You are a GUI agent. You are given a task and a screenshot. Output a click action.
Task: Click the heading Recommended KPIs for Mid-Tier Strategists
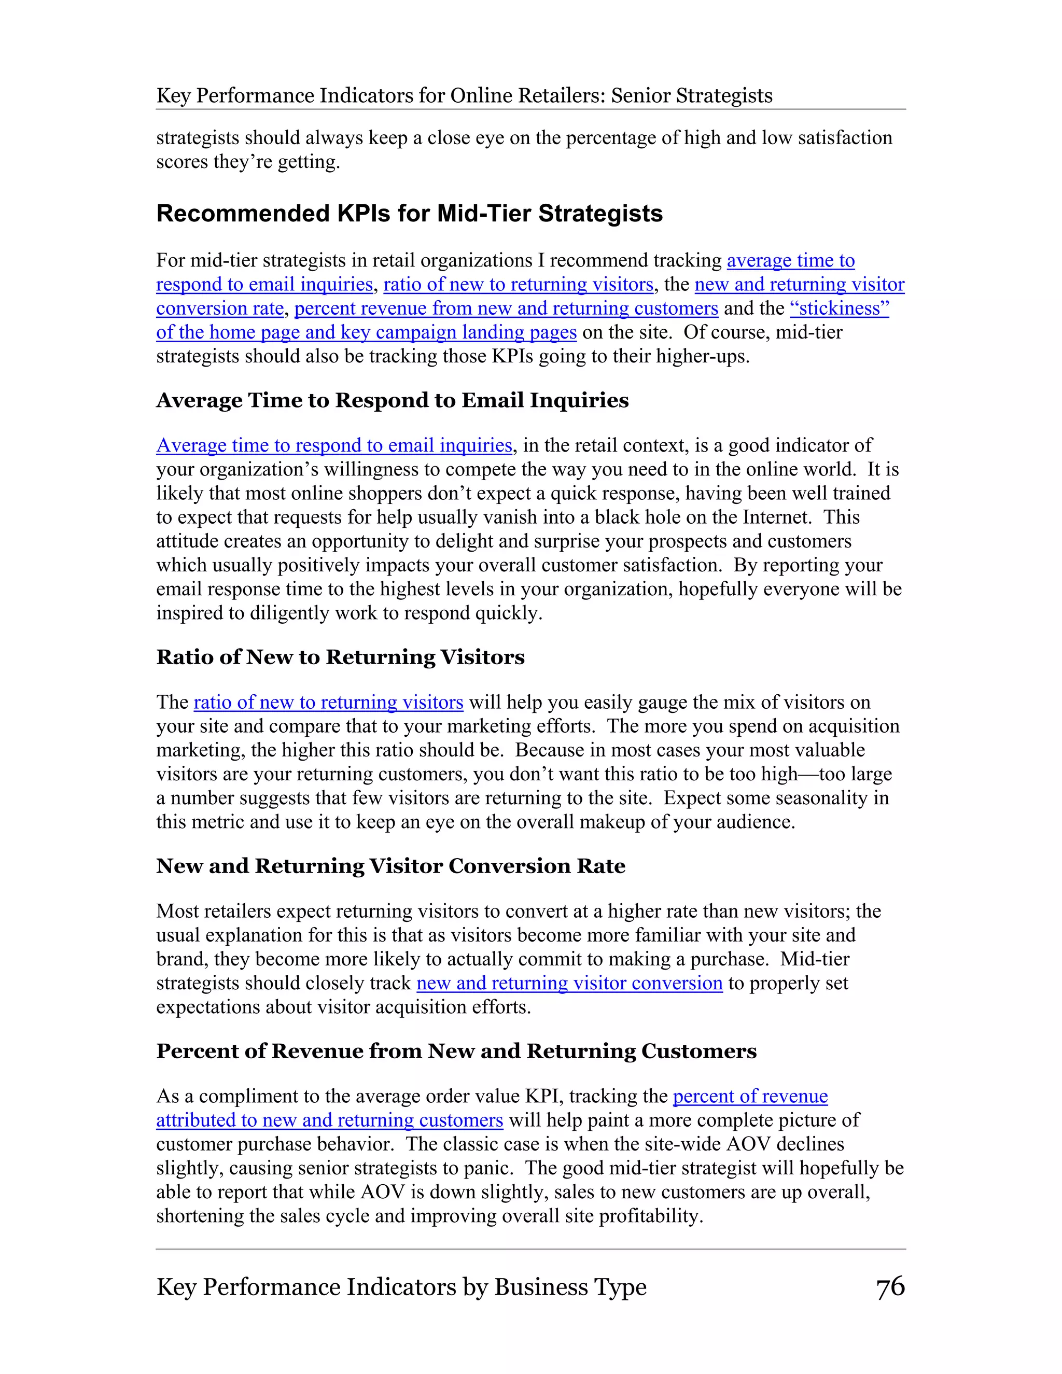(x=409, y=214)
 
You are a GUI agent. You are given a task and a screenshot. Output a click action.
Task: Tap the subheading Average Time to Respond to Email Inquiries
(x=392, y=400)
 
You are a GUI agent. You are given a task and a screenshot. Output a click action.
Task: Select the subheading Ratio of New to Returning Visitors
(x=340, y=657)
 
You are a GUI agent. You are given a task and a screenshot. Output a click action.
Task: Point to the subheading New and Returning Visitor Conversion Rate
(x=390, y=866)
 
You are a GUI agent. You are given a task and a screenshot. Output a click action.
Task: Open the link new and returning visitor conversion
(x=569, y=983)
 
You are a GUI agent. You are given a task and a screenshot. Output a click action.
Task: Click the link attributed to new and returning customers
(x=329, y=1120)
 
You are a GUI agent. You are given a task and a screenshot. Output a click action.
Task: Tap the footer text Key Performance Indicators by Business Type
(x=401, y=1287)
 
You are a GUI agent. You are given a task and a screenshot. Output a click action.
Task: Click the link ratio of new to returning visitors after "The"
(x=328, y=702)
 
